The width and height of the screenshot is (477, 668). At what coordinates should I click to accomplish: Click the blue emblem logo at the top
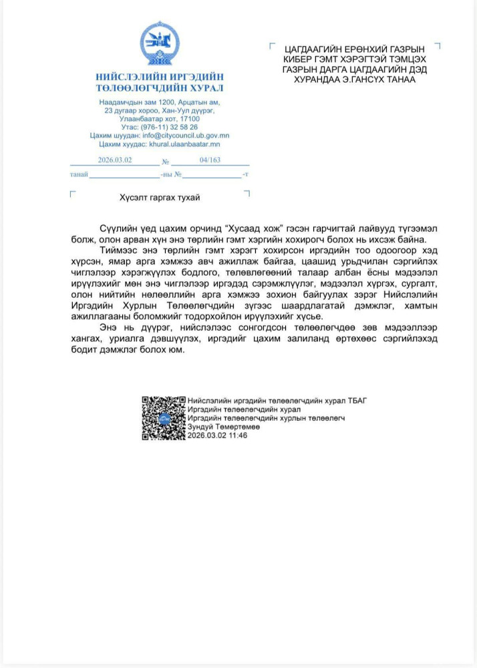click(x=159, y=44)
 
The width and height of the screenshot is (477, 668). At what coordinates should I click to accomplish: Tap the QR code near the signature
click(x=163, y=417)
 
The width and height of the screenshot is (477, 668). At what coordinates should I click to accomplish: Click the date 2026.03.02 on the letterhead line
click(x=115, y=160)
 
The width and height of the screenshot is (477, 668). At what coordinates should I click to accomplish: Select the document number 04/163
click(x=210, y=160)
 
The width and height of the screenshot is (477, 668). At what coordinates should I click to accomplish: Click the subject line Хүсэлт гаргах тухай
click(x=160, y=198)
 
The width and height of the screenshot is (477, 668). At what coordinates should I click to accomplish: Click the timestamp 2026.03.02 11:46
click(x=218, y=435)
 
